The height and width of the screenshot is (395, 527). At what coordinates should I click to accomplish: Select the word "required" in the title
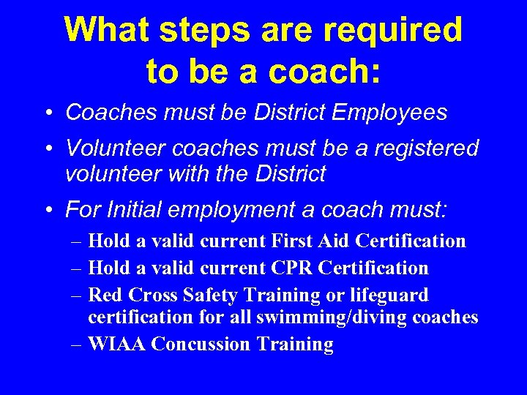click(x=392, y=31)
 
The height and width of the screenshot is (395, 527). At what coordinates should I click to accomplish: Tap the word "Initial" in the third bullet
click(x=132, y=210)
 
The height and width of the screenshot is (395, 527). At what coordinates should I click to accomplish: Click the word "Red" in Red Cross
click(x=103, y=295)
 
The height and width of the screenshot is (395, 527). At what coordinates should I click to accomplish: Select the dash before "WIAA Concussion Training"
click(x=77, y=345)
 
